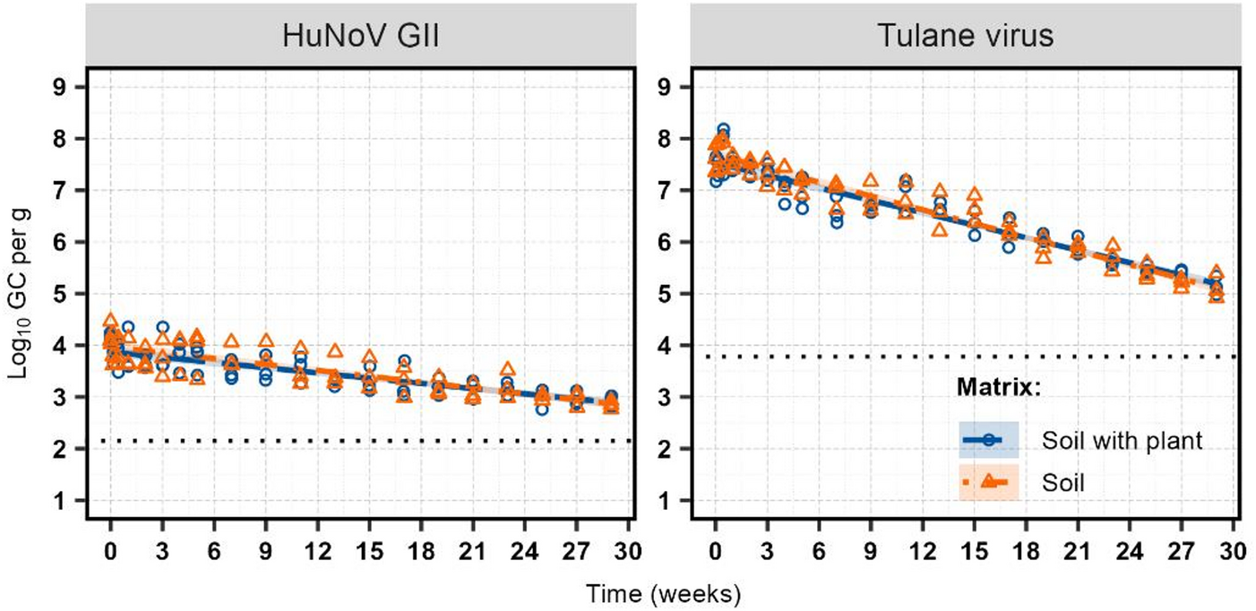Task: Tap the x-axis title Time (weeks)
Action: [x=663, y=593]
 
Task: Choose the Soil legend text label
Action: [x=1063, y=483]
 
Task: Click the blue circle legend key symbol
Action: [x=988, y=440]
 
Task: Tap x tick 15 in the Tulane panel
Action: [x=973, y=547]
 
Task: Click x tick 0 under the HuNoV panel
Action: [x=110, y=547]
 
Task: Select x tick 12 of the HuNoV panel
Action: [x=317, y=547]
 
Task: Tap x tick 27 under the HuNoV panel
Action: [x=576, y=547]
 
